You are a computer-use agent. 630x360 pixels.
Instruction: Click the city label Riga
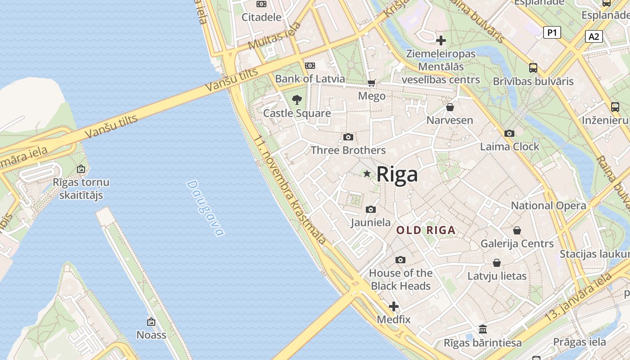(x=397, y=174)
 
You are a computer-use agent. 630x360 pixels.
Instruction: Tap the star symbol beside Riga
(x=367, y=174)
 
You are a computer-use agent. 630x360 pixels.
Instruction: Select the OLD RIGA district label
(x=426, y=230)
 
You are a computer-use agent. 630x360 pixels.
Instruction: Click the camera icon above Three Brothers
(x=348, y=137)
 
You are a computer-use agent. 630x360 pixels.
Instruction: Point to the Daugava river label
(x=205, y=208)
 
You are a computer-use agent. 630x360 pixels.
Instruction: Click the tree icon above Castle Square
(x=297, y=99)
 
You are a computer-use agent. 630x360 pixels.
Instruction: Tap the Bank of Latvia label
(x=310, y=79)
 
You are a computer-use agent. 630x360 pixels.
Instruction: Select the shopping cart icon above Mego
(x=372, y=83)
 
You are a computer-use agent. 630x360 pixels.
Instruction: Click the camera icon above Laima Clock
(x=509, y=133)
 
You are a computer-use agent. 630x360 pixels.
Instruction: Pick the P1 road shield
(x=552, y=32)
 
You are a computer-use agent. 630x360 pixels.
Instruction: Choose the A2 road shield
(x=594, y=36)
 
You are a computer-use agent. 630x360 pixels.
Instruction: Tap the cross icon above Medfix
(x=394, y=307)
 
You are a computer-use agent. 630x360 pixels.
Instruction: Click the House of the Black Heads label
(x=400, y=279)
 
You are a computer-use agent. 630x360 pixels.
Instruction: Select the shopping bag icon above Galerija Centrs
(x=517, y=230)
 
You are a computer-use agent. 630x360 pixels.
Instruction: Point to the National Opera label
(x=549, y=206)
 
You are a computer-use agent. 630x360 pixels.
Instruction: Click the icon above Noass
(x=151, y=322)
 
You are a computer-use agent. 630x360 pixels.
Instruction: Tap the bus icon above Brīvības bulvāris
(x=533, y=68)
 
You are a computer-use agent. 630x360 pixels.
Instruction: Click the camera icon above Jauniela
(x=371, y=209)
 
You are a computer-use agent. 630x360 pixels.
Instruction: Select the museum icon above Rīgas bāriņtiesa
(x=483, y=329)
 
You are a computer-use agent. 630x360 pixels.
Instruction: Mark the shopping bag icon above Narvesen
(x=450, y=107)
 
